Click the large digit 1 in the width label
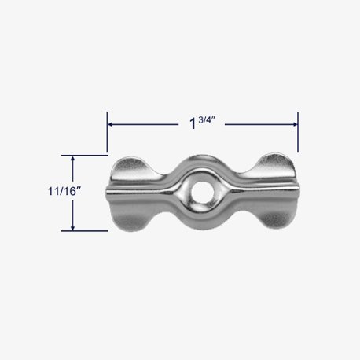point(192,124)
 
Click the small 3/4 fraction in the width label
point(207,120)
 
